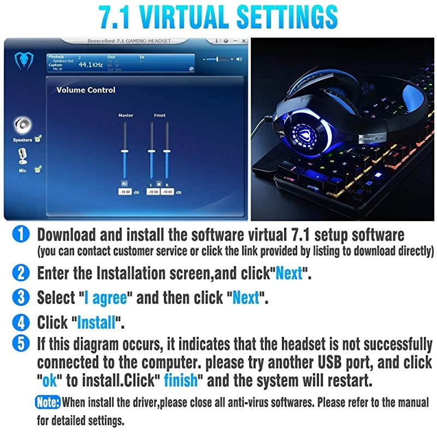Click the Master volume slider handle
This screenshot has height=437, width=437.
point(125,151)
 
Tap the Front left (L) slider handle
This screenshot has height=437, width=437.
point(151,151)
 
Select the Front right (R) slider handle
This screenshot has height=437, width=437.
point(167,151)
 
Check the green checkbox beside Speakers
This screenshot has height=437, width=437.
point(38,139)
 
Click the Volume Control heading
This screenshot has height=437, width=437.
point(86,90)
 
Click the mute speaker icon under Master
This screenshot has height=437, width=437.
point(125,184)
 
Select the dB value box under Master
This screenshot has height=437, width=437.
point(125,192)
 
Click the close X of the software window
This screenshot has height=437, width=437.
point(244,41)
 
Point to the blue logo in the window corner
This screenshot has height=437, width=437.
point(23,61)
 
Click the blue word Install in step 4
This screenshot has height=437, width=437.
point(97,322)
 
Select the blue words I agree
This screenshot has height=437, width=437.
point(107,298)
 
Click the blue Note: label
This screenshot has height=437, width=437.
point(49,403)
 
